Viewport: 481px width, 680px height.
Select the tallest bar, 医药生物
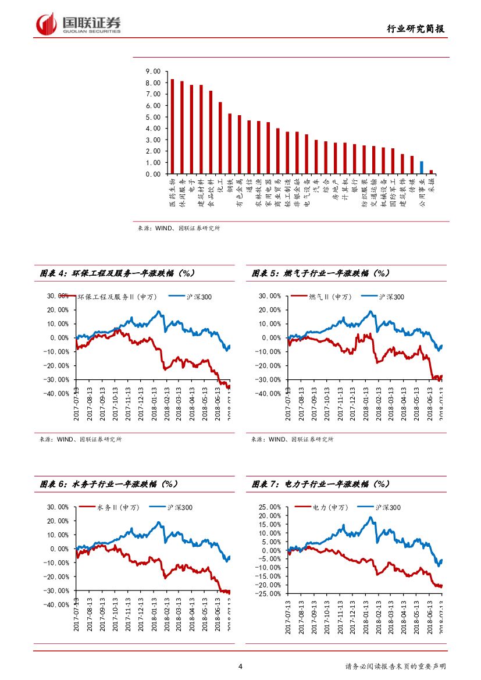pos(172,126)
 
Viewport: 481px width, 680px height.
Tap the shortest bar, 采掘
pos(431,172)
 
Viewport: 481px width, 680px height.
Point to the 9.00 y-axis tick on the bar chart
pos(153,72)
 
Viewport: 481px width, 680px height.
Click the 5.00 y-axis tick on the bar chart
pos(153,117)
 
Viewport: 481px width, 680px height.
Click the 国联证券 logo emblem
pos(46,24)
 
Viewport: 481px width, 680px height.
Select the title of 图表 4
pos(117,273)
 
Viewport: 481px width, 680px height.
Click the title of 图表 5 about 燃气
pos(320,273)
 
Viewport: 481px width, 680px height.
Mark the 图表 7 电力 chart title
pos(320,484)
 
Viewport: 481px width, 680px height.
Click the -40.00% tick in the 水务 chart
pos(58,605)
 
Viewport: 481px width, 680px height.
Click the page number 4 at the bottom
pos(240,667)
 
